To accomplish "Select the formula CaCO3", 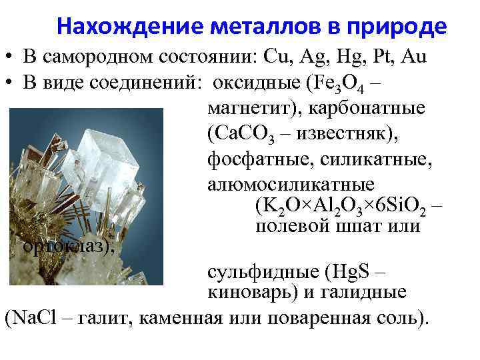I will pyautogui.click(x=235, y=133).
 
